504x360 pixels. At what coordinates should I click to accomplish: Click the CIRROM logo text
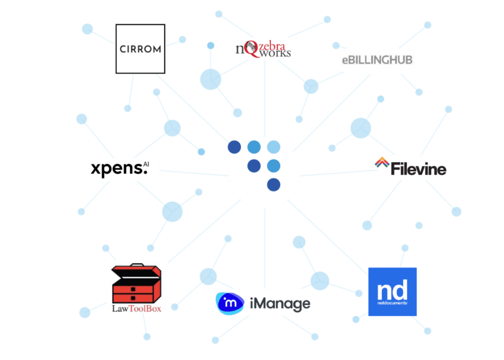140,49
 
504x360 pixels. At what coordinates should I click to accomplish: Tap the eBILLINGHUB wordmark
377,60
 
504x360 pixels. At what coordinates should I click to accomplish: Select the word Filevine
418,169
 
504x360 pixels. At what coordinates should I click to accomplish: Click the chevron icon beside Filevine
382,162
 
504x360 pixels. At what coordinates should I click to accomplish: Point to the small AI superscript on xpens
146,164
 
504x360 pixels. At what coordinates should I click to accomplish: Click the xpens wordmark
119,169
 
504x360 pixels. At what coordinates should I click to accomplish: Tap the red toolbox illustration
136,283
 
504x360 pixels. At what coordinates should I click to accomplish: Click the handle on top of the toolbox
137,265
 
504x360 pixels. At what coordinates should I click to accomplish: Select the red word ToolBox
145,309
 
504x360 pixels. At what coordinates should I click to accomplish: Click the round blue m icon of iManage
230,303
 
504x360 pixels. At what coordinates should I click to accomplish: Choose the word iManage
280,304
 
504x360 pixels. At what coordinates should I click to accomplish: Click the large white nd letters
392,290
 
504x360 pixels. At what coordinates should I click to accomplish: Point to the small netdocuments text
392,303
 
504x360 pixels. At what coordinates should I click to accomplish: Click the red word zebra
272,46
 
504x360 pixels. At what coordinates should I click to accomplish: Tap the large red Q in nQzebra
251,49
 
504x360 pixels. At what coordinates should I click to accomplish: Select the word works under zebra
275,53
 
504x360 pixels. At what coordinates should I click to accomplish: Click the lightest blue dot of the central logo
274,147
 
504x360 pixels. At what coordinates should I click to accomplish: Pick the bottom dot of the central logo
274,185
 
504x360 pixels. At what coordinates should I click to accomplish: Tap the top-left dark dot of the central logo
234,147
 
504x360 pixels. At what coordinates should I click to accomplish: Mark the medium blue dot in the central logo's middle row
274,166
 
